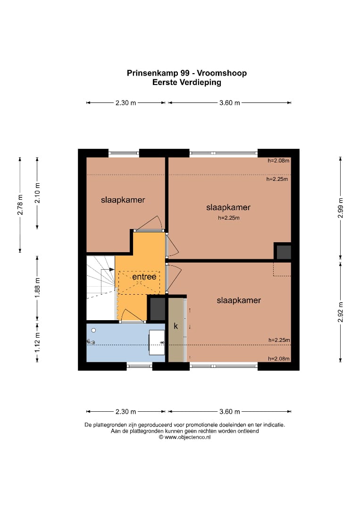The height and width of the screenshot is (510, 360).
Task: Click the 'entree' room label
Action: [x=144, y=276]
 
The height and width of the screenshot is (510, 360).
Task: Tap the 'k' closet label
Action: [x=176, y=325]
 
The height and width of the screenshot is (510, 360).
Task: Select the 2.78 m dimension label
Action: [x=20, y=204]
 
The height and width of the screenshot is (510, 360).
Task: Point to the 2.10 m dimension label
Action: [x=37, y=193]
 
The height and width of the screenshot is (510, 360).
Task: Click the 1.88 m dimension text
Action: [x=37, y=287]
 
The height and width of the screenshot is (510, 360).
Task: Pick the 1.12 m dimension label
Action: [x=37, y=341]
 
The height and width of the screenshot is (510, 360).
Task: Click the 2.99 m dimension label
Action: [x=340, y=208]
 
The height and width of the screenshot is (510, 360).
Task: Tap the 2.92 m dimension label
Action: [x=340, y=312]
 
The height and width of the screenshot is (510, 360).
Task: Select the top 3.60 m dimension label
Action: [x=230, y=103]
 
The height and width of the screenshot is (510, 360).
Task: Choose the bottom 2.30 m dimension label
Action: [x=126, y=411]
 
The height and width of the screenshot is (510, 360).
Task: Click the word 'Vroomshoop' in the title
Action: [x=222, y=73]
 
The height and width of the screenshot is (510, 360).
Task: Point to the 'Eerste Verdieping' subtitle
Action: [x=187, y=82]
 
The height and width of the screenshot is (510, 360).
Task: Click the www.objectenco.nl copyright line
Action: [x=184, y=437]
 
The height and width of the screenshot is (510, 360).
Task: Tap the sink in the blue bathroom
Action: [x=157, y=342]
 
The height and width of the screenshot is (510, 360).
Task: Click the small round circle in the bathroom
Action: [x=93, y=330]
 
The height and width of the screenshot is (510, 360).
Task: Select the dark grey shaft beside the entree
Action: [x=157, y=308]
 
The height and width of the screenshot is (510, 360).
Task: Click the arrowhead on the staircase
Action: [x=112, y=269]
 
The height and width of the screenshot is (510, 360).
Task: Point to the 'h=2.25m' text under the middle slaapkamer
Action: [x=229, y=218]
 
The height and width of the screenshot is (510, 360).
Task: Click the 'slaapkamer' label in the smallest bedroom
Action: [x=123, y=200]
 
